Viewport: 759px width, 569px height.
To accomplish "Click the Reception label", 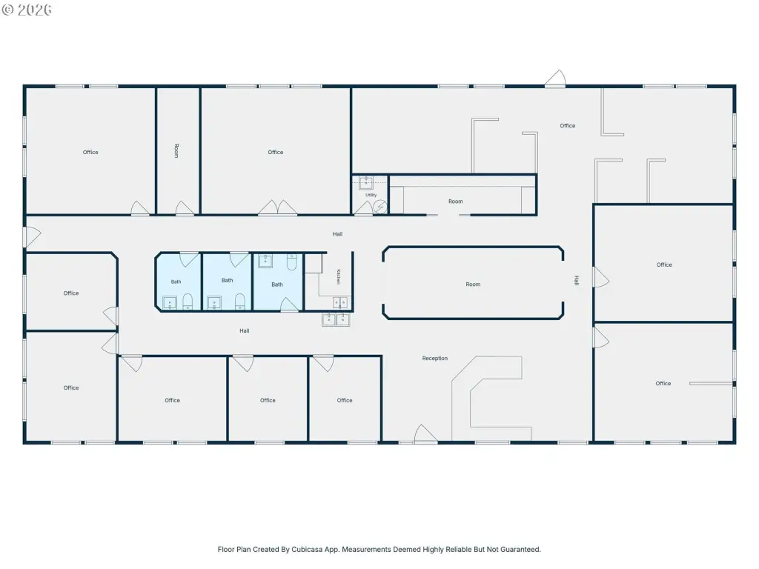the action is tap(434, 359).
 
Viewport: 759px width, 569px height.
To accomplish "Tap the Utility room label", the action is tap(371, 195).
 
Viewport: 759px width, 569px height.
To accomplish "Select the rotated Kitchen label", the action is tap(338, 277).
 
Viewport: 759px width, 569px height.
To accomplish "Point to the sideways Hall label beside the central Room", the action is tap(576, 280).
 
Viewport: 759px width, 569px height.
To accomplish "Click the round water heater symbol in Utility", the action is tap(380, 207).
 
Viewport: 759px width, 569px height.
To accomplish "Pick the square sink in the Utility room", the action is tap(366, 183).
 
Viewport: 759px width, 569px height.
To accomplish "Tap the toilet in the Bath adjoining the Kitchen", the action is tap(291, 262).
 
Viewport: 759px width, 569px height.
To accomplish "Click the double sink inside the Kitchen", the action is tap(340, 303).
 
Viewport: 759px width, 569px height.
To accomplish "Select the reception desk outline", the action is tap(491, 392).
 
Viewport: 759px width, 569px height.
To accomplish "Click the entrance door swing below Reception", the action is tap(425, 433).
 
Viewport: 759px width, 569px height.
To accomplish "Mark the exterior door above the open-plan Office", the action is tap(555, 79).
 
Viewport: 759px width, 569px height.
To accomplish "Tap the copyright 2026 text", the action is tap(27, 10).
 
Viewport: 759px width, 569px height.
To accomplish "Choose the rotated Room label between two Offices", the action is tap(176, 150).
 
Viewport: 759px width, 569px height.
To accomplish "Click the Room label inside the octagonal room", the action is tap(473, 284).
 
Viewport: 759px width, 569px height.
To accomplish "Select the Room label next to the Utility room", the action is tap(456, 202).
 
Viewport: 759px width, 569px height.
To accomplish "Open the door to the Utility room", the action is tap(364, 208).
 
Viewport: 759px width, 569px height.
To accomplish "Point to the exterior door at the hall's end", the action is tap(33, 237).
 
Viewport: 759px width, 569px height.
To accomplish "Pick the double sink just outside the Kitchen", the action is tap(336, 319).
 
